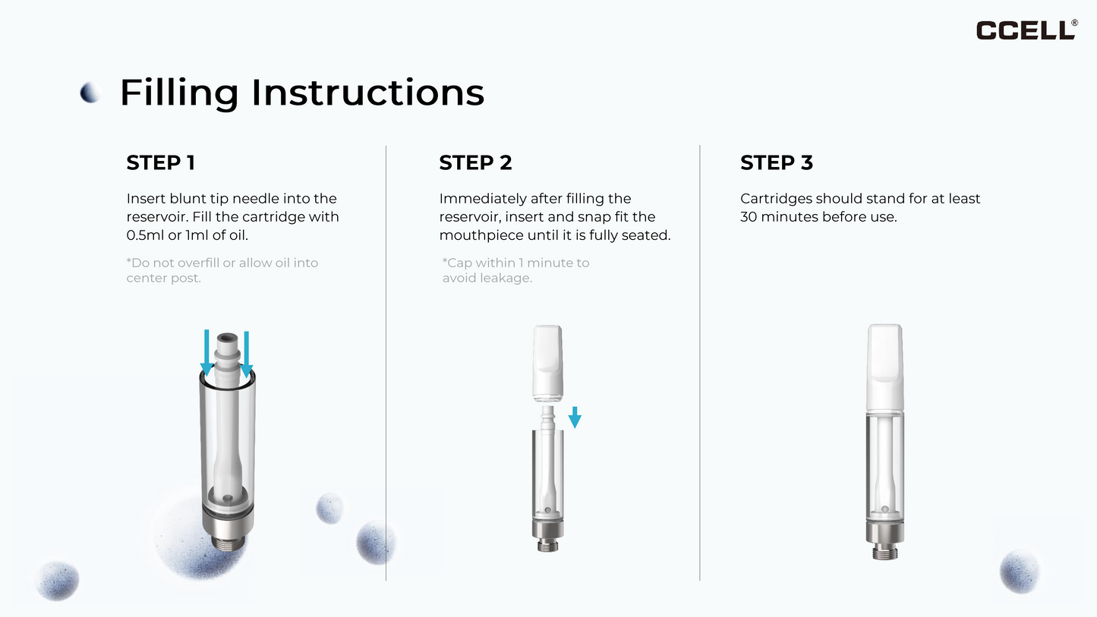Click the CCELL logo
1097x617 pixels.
coord(1026,30)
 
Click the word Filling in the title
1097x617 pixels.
coord(179,93)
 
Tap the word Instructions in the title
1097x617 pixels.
coord(367,93)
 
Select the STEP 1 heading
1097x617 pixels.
coord(160,162)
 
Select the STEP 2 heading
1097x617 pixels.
coord(475,162)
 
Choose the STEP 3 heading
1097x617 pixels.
coord(776,162)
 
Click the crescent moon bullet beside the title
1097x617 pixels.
coord(90,93)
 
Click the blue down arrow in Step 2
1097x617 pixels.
coord(575,417)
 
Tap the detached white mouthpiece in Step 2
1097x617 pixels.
coord(547,363)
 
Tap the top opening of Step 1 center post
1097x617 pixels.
coord(226,336)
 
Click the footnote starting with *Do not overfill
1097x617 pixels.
coord(222,270)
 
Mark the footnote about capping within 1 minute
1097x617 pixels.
coord(515,270)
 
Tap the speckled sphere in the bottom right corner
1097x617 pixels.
coord(1019,571)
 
